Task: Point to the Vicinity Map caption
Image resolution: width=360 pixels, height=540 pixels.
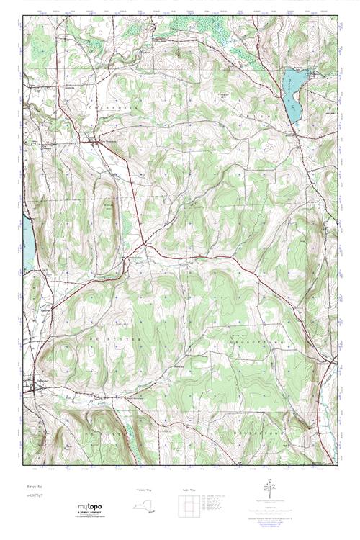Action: click(x=145, y=489)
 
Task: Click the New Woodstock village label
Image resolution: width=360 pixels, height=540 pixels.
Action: click(x=108, y=140)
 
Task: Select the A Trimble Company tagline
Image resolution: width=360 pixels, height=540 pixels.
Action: click(x=90, y=513)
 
